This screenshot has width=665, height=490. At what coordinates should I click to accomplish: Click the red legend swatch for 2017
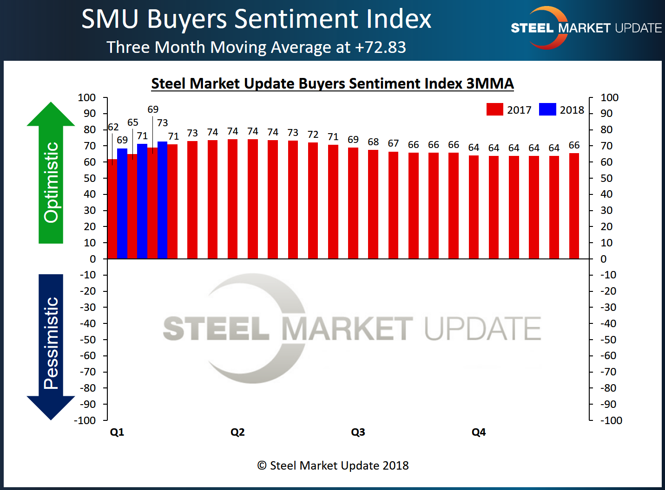point(494,110)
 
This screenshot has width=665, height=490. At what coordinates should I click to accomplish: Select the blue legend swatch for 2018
point(547,110)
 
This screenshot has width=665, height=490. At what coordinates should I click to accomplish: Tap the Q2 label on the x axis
point(237,432)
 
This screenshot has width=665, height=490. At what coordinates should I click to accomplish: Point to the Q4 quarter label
point(479,432)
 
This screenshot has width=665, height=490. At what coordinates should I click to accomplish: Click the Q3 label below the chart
point(358,432)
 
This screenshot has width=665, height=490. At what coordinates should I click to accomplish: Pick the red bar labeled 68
point(373,204)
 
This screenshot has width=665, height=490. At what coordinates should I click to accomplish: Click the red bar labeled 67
point(393,205)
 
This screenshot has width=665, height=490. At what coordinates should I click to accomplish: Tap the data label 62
point(113,127)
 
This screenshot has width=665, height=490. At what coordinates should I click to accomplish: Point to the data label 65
point(133,122)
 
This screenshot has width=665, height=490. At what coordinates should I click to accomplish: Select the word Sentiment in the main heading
point(296,19)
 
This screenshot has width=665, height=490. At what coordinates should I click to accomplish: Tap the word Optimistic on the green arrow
point(51,182)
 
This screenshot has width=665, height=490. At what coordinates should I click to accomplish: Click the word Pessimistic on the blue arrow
point(51,343)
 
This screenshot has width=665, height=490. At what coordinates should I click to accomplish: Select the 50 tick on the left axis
point(90,178)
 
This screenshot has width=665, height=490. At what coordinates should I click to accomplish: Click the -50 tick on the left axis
point(87,340)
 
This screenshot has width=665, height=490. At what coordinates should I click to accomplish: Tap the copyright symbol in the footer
point(262,465)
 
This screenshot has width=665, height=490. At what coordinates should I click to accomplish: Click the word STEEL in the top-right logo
point(532,28)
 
